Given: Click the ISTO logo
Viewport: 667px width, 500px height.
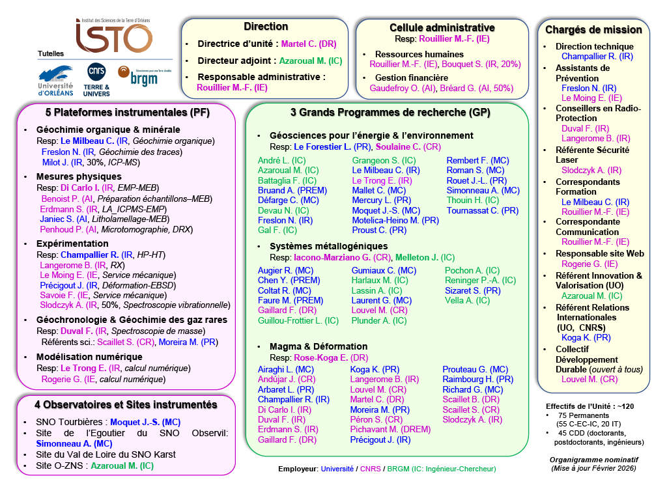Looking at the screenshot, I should click(x=113, y=37).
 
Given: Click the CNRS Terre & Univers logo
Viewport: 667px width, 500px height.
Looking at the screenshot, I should click(x=97, y=80).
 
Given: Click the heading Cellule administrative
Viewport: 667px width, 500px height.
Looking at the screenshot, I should click(x=442, y=27).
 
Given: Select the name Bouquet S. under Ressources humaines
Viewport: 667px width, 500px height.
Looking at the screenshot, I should click(x=463, y=64).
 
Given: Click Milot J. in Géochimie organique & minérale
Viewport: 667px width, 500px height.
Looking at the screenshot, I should click(x=56, y=163).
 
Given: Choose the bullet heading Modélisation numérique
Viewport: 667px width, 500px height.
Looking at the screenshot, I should click(x=89, y=357).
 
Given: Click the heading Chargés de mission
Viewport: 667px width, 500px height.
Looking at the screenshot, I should click(x=593, y=29).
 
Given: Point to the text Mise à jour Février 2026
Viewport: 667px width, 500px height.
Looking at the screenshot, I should click(x=593, y=468).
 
